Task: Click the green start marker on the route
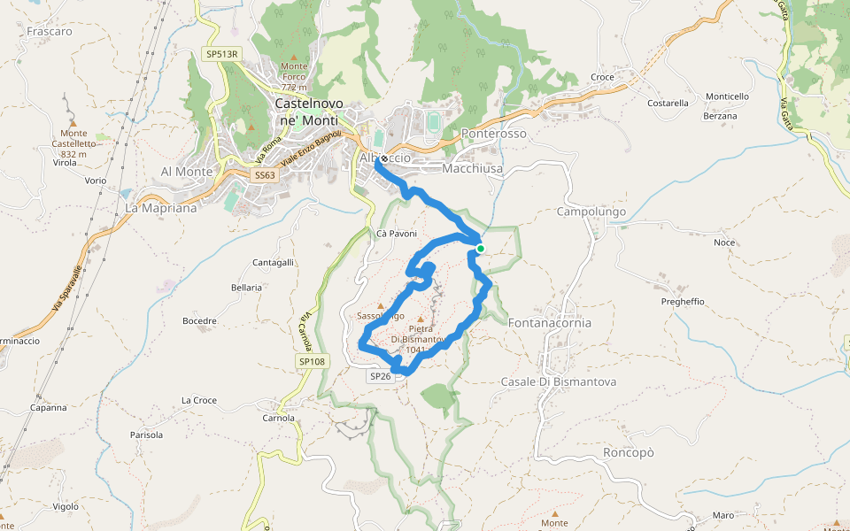pyautogui.click(x=480, y=249)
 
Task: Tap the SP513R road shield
pyautogui.click(x=222, y=54)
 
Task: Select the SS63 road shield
pyautogui.click(x=264, y=175)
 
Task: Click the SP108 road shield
pyautogui.click(x=312, y=362)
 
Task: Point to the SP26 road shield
pyautogui.click(x=380, y=376)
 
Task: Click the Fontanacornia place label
pyautogui.click(x=549, y=323)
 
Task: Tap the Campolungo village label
pyautogui.click(x=591, y=212)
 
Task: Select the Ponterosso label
pyautogui.click(x=494, y=134)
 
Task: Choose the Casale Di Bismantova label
pyautogui.click(x=558, y=381)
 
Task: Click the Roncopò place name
pyautogui.click(x=628, y=451)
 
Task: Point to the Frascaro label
pyautogui.click(x=50, y=31)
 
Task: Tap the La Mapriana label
pyautogui.click(x=160, y=208)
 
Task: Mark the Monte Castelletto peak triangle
pyautogui.click(x=73, y=123)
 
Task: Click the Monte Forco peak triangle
pyautogui.click(x=295, y=56)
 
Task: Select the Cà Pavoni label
pyautogui.click(x=396, y=234)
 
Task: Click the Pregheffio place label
pyautogui.click(x=683, y=302)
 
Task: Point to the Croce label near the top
pyautogui.click(x=602, y=77)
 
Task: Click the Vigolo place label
pyautogui.click(x=66, y=506)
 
